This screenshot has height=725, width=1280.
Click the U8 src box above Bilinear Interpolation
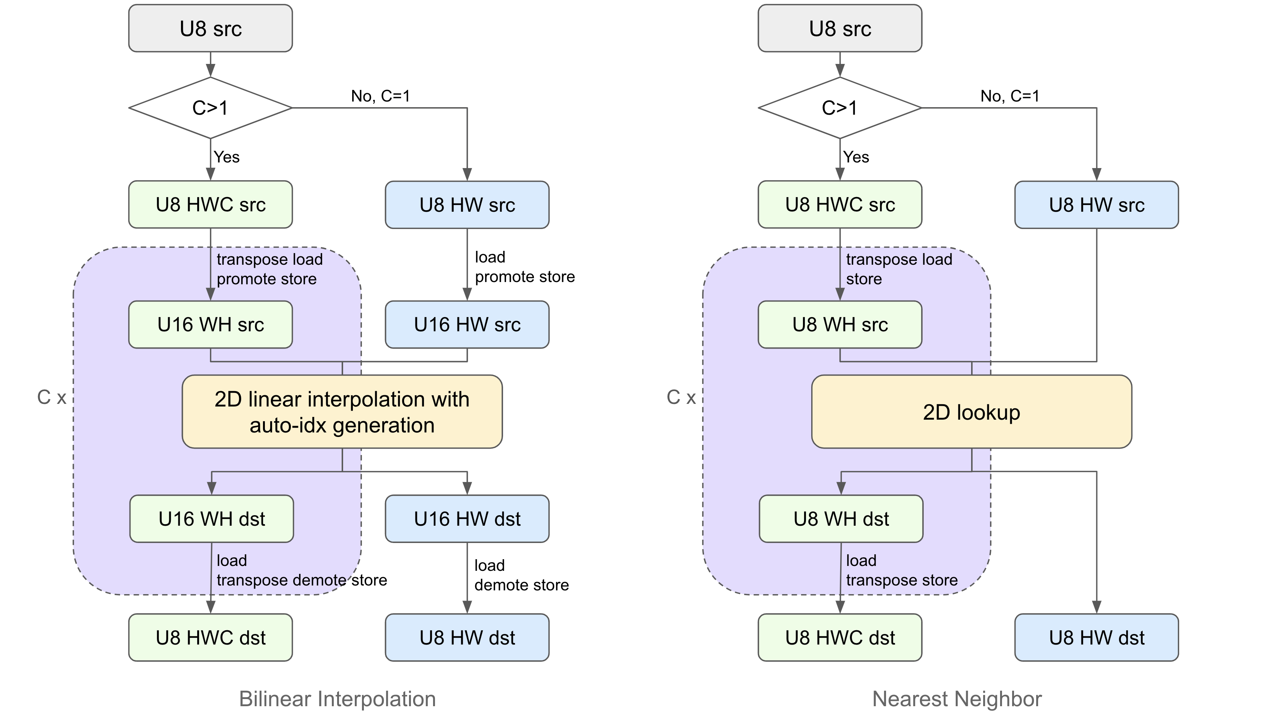[210, 28]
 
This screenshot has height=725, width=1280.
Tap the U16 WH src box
[210, 324]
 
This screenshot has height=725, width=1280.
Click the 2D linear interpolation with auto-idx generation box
[342, 412]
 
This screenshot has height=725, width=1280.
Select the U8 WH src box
[840, 324]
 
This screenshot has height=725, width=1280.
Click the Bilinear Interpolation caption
[337, 699]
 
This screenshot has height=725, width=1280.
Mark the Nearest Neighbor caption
[956, 699]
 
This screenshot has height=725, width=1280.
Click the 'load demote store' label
[521, 575]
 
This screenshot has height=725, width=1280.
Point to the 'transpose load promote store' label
[269, 269]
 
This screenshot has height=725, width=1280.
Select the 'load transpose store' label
[901, 570]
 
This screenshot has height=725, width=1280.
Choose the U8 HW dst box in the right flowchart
[1096, 637]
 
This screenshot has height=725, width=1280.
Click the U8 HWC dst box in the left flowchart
[210, 637]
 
